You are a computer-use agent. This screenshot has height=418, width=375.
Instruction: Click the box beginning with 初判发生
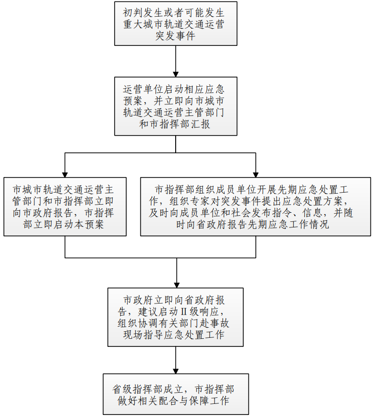click(x=176, y=24)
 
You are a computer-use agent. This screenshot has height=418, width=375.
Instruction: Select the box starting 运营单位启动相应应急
click(x=176, y=106)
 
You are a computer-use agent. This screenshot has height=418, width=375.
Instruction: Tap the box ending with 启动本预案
click(x=65, y=207)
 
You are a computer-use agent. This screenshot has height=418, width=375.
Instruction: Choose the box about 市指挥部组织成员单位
click(x=255, y=207)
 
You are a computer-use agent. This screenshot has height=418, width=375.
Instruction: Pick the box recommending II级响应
click(x=175, y=317)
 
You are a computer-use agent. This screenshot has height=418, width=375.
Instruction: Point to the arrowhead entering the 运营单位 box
click(x=176, y=74)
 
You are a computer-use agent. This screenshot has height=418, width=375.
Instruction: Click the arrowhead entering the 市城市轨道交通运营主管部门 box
click(x=65, y=174)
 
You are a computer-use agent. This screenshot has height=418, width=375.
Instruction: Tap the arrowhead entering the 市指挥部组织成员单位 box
click(x=256, y=174)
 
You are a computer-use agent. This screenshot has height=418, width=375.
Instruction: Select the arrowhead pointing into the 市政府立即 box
click(x=177, y=285)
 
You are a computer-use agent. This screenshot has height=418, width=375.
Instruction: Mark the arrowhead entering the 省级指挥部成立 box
click(x=176, y=371)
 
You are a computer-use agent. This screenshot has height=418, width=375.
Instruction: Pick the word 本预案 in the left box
click(x=89, y=224)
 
